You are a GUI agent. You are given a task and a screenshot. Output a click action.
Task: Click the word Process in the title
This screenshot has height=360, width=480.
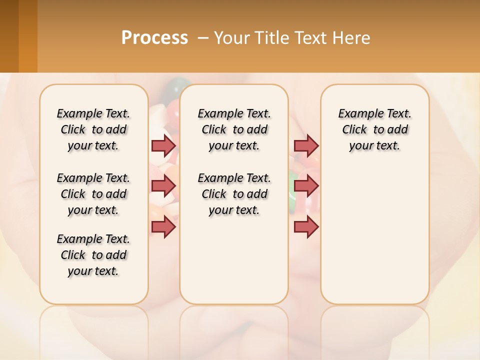154,38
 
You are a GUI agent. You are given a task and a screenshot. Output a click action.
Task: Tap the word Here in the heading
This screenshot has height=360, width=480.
351,38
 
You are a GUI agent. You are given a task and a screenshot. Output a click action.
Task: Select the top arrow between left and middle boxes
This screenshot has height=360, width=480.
163,145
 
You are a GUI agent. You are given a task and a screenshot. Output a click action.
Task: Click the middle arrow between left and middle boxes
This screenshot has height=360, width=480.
163,186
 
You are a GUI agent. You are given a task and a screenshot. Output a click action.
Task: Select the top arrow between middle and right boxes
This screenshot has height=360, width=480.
306,145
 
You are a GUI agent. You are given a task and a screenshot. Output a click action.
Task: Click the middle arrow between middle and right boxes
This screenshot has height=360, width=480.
306,186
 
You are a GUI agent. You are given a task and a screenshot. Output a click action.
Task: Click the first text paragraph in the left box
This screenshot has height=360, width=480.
93,129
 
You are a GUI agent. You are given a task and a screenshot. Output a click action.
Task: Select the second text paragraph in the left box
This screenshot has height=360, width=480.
93,194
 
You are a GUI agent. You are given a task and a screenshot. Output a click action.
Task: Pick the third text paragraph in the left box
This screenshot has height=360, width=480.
93,255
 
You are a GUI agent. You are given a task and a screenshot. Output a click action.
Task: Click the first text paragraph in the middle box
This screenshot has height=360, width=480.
234,129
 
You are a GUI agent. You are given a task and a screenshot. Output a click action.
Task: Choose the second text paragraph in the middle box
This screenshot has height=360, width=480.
234,194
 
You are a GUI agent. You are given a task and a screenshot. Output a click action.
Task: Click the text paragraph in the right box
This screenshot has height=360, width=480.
375,129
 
